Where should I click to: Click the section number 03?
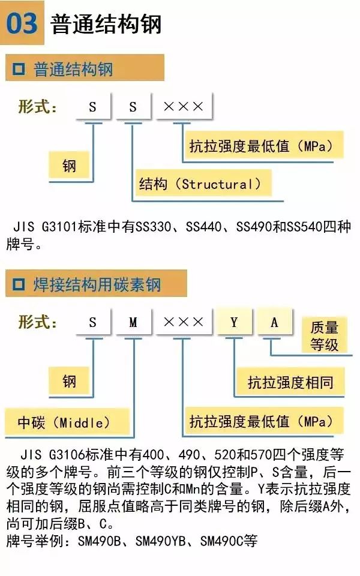[22, 23]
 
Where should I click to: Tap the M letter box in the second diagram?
[133, 322]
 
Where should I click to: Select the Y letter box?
[234, 322]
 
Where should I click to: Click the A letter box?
[274, 322]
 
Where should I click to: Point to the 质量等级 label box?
[324, 335]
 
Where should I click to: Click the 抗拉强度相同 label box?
[290, 382]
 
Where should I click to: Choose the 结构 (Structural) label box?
[200, 184]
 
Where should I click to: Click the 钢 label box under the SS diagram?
[70, 165]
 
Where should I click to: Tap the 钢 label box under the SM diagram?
[70, 381]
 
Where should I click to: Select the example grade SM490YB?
[161, 541]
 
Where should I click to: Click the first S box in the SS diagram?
[92, 107]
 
